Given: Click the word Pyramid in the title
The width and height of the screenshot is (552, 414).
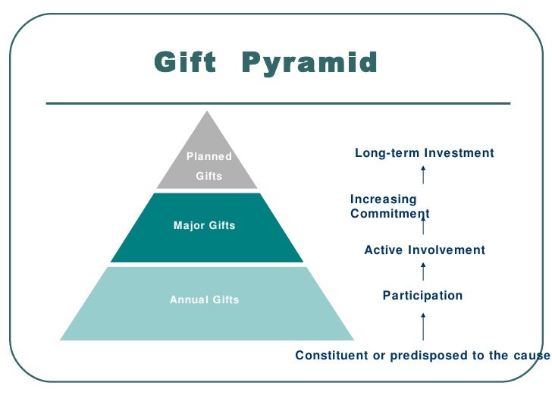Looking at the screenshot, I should [x=309, y=62].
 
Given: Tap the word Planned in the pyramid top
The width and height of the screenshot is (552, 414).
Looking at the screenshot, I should [x=209, y=157].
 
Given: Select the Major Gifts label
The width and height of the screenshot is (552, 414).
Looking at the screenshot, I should [x=205, y=225].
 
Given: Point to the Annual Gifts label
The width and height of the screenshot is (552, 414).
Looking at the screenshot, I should [x=205, y=300].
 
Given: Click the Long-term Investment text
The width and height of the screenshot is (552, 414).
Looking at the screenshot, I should [x=425, y=153].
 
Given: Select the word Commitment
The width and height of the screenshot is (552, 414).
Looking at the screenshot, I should [x=390, y=214].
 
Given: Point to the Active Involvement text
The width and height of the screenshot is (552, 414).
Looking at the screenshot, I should [x=425, y=250].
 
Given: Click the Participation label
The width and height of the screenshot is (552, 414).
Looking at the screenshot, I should [x=422, y=296].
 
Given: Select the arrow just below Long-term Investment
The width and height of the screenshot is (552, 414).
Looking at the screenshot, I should [x=422, y=174].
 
